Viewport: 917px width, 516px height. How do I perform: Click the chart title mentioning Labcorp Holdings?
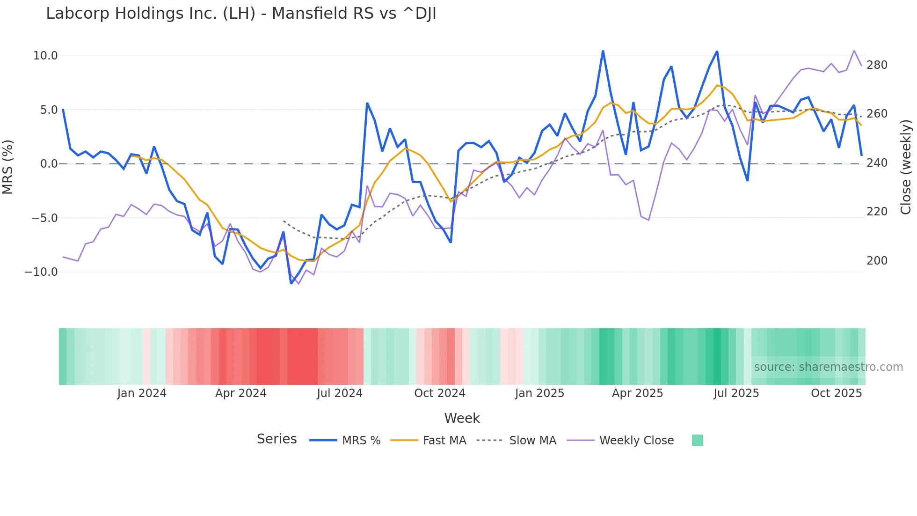point(241,14)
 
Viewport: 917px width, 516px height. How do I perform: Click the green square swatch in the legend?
point(697,440)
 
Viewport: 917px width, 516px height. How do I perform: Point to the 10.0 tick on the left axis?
point(45,56)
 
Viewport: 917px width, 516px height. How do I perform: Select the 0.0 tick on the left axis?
point(49,164)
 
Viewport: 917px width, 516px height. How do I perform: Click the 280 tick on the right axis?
point(877,65)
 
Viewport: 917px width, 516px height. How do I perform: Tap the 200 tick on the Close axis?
point(877,261)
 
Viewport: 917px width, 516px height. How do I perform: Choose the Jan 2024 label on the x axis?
point(142,393)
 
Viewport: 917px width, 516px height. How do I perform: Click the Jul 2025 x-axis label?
point(736,393)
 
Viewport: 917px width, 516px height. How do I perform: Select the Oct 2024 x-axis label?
point(439,393)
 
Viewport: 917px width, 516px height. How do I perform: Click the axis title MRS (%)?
point(8,167)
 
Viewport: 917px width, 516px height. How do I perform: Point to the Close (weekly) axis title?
point(906,167)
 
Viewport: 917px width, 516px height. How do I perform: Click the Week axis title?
point(462,418)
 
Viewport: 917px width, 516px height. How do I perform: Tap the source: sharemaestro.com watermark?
point(828,367)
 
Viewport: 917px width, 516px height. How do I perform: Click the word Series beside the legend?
point(277,439)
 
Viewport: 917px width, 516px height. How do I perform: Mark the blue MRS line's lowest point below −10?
point(291,283)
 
